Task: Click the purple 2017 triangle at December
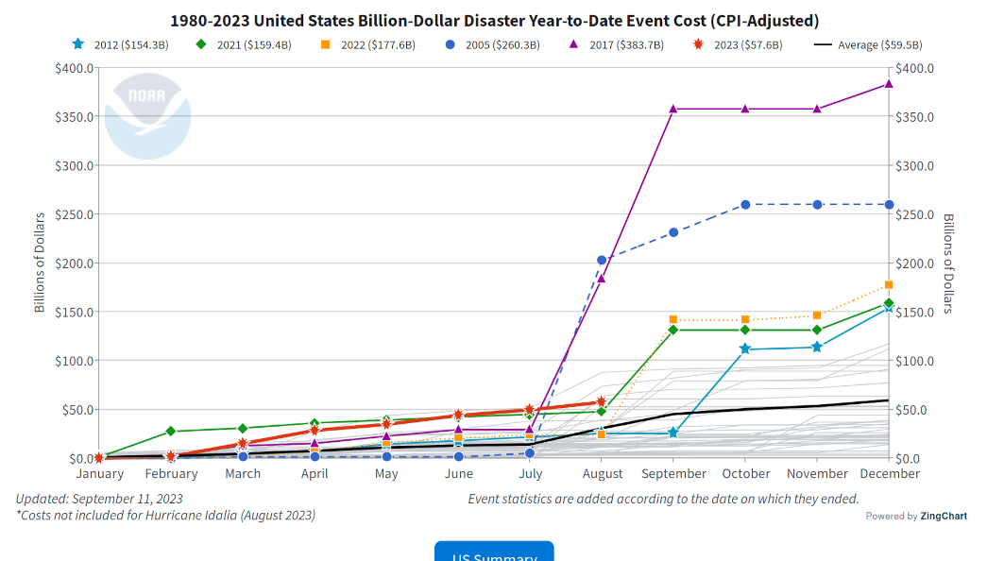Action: [x=888, y=84]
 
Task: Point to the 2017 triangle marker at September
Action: [x=673, y=109]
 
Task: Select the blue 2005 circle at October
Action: [x=745, y=205]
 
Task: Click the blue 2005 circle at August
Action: [x=602, y=261]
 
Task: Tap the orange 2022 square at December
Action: [x=888, y=285]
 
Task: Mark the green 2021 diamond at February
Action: [x=171, y=431]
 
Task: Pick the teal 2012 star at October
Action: [x=745, y=349]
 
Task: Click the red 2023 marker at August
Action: [x=602, y=402]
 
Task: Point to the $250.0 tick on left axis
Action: [x=74, y=214]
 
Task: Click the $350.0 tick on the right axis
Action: [x=913, y=117]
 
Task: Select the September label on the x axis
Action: [x=673, y=474]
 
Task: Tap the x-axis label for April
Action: [x=315, y=474]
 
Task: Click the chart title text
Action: [x=494, y=20]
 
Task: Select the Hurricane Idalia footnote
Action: [x=166, y=516]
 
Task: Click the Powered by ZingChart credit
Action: [x=915, y=516]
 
